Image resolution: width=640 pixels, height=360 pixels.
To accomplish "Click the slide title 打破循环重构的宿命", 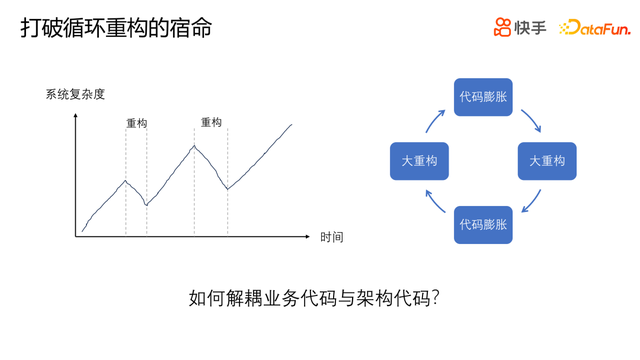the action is (116, 28).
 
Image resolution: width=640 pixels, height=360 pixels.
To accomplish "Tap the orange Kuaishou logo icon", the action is (502, 27).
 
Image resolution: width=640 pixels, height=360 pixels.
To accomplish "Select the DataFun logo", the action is (595, 27).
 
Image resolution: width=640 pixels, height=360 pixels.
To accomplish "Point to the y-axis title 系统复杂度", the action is (75, 94).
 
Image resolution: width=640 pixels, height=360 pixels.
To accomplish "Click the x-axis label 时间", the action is (331, 237).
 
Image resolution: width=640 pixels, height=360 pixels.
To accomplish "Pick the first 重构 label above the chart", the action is (136, 123).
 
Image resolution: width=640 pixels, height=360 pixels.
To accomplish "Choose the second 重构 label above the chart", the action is (211, 122).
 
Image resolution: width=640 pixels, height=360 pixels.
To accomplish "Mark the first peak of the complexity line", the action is (126, 181).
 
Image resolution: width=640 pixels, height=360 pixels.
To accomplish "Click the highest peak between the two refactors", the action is (194, 146).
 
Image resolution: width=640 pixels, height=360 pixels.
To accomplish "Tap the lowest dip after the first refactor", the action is (147, 204).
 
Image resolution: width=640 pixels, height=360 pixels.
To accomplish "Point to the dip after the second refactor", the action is (228, 189).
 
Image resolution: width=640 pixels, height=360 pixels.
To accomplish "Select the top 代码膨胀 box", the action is (483, 97).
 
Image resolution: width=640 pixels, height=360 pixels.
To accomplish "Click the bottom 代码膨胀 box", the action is (483, 225).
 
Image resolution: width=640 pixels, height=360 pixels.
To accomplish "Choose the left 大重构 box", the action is (419, 161).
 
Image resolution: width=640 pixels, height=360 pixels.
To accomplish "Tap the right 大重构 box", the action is (547, 161).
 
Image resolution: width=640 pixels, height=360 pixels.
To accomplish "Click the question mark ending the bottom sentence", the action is (435, 298).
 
